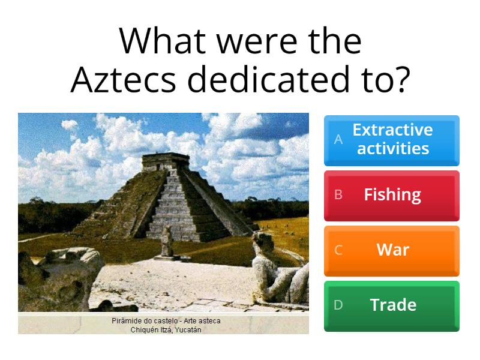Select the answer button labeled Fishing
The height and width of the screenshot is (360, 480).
392,194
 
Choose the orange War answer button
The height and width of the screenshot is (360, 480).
392,250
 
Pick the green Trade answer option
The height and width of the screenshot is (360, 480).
392,305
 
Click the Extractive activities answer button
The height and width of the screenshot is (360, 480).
392,139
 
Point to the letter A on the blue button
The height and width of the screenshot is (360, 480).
338,140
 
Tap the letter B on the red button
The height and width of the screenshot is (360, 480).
338,195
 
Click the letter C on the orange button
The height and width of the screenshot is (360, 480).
338,250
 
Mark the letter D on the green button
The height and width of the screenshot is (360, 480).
338,305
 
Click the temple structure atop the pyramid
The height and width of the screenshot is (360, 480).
165,161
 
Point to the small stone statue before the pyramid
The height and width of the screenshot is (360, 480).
167,243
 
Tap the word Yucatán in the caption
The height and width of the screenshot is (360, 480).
186,329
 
